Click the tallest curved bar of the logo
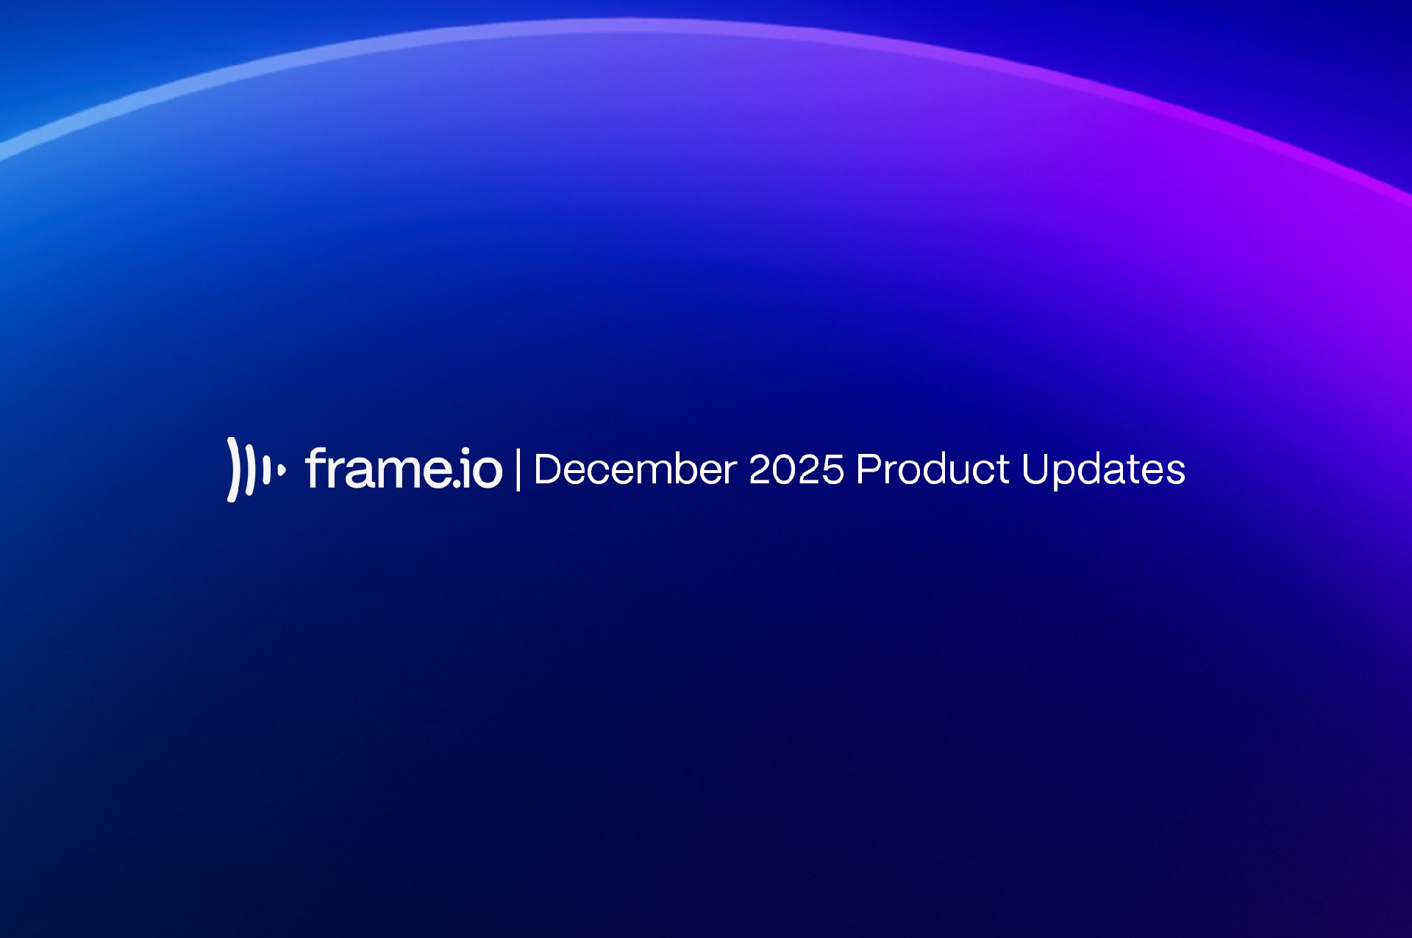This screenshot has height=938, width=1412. (x=233, y=469)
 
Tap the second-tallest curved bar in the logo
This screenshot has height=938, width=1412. (x=250, y=469)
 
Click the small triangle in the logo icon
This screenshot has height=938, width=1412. (x=282, y=469)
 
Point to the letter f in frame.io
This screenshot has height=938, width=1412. (x=315, y=468)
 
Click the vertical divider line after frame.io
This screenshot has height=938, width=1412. (x=518, y=469)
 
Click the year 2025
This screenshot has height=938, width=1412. (x=796, y=469)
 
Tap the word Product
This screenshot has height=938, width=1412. (x=933, y=469)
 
